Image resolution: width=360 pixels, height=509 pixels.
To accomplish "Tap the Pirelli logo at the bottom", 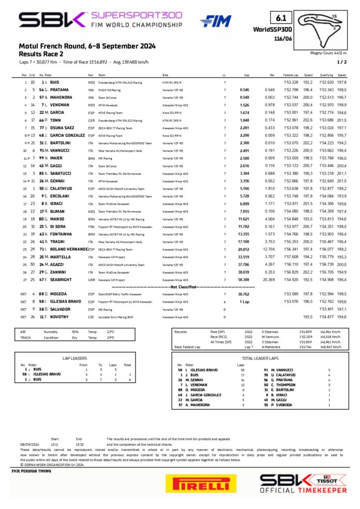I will [x=198, y=483].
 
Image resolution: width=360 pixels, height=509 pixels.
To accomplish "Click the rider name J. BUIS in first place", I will [x=52, y=82].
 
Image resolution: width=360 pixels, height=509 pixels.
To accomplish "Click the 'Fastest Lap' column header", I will [x=291, y=75].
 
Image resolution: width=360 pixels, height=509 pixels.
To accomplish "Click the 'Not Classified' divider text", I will [x=181, y=286].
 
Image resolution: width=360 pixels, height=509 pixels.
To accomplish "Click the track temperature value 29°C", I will [x=110, y=337].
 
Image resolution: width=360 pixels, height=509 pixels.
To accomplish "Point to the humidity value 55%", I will [x=75, y=332].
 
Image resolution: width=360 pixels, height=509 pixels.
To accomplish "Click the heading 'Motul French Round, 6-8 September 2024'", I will [x=76, y=46].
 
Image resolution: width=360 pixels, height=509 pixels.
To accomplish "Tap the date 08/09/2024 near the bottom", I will [x=29, y=444].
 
